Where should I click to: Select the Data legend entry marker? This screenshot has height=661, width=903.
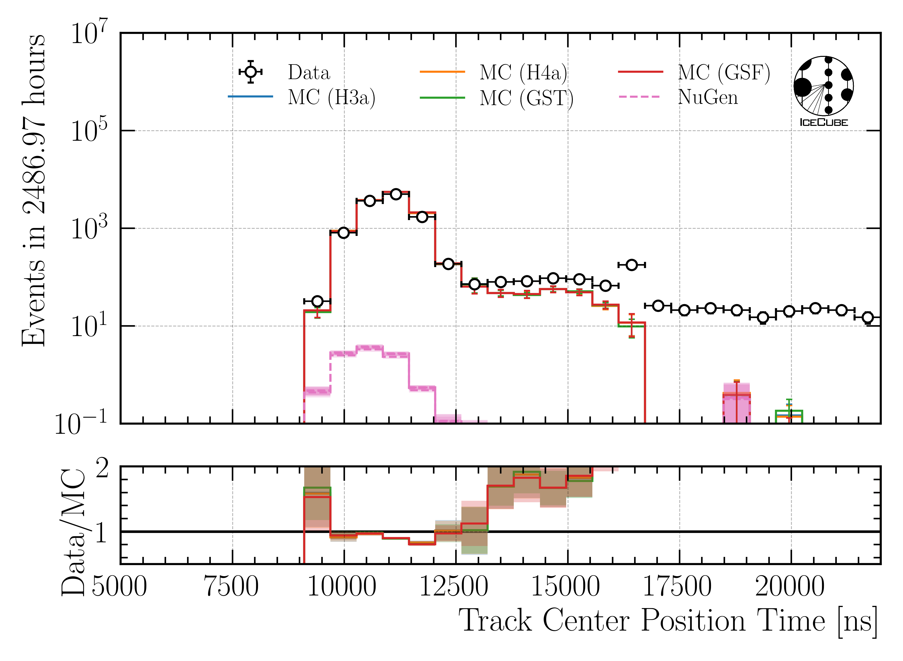click(250, 72)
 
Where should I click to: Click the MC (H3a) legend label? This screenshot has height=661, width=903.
click(332, 97)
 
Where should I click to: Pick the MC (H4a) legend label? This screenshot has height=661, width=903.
click(523, 73)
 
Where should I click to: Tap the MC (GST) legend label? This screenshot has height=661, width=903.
click(526, 98)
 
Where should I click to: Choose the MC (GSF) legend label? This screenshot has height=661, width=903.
click(723, 73)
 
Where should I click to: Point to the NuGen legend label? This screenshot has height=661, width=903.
click(708, 97)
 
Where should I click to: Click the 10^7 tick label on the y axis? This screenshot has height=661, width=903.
click(89, 33)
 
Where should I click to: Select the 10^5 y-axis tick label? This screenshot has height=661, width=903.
click(89, 131)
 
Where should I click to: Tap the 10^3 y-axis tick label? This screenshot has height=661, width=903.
click(89, 228)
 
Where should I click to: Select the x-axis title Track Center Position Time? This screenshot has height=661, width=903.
click(667, 621)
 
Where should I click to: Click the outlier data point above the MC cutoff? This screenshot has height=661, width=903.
click(631, 265)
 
